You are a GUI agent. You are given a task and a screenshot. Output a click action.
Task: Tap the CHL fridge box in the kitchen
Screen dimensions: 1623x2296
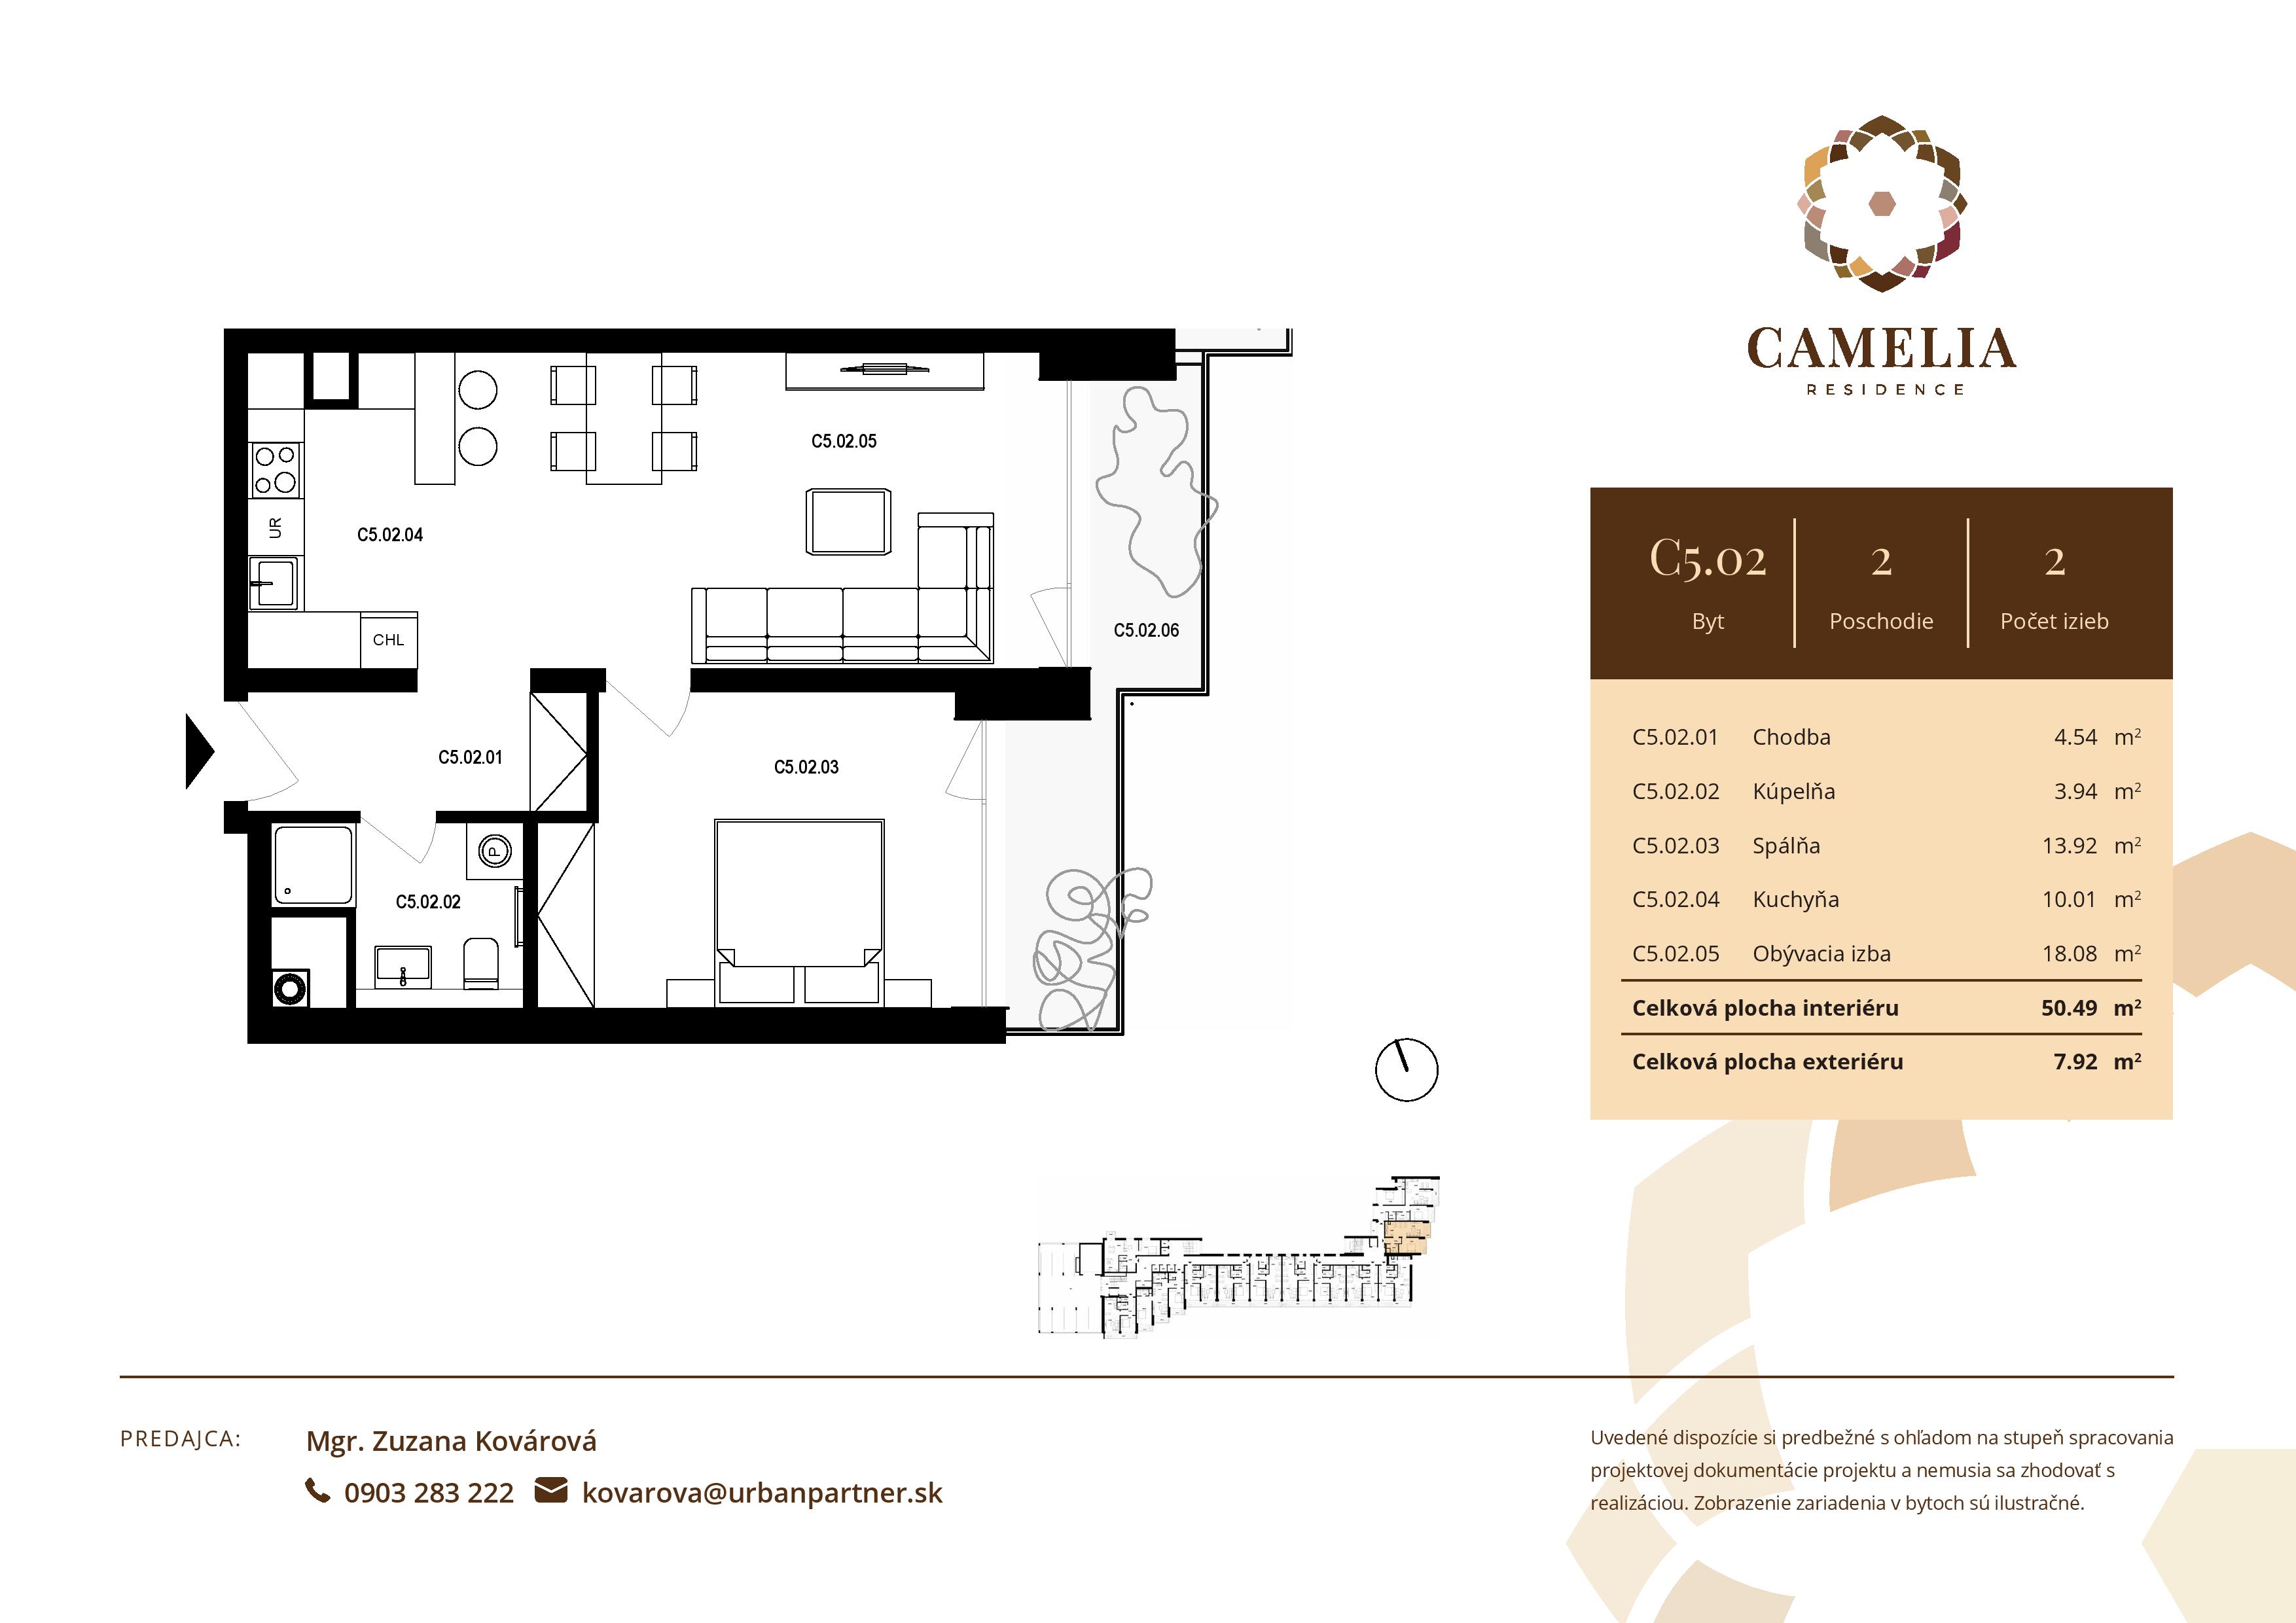point(389,640)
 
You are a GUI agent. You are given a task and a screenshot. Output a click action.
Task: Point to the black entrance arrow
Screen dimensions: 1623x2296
point(199,751)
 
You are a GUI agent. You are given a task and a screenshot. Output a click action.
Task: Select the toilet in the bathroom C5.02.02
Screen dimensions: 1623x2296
point(481,962)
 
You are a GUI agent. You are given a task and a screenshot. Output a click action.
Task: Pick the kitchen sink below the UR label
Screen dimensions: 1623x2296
point(273,582)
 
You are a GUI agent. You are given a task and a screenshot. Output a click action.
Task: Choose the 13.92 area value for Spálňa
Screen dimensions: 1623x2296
point(2069,846)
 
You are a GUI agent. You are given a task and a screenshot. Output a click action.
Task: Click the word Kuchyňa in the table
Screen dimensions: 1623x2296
point(1795,900)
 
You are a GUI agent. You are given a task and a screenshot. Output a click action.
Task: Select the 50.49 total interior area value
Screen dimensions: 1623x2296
point(2068,1008)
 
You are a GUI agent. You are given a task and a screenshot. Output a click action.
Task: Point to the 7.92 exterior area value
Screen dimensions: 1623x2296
point(2075,1062)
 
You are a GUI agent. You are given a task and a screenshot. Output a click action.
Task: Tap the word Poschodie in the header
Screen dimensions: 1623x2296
point(1880,621)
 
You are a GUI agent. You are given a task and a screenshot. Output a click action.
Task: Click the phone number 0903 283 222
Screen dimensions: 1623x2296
point(428,1493)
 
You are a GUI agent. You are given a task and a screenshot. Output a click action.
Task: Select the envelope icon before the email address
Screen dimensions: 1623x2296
point(551,1491)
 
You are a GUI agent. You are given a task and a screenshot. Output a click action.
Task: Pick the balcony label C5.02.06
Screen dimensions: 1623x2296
point(1146,631)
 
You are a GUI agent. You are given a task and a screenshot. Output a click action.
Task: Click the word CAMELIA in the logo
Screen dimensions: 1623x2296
point(1881,349)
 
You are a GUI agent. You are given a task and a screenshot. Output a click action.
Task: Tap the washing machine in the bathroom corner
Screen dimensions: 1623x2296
point(290,989)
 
